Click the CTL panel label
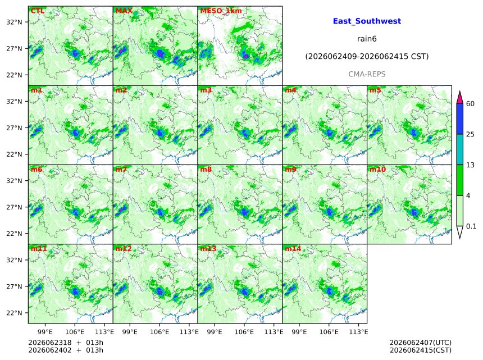37,11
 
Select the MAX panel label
124,11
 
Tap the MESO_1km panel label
221,11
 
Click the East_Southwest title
367,21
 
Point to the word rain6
367,39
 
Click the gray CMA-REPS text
367,74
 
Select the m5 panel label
375,90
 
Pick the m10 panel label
377,170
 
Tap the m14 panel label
293,249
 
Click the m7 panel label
121,170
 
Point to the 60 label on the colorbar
470,103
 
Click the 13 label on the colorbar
470,165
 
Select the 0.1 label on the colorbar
471,226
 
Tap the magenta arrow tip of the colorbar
459,92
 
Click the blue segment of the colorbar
459,119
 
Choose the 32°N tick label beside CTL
14,22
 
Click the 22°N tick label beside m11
14,313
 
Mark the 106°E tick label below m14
329,332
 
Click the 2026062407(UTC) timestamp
421,343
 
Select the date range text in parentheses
367,56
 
